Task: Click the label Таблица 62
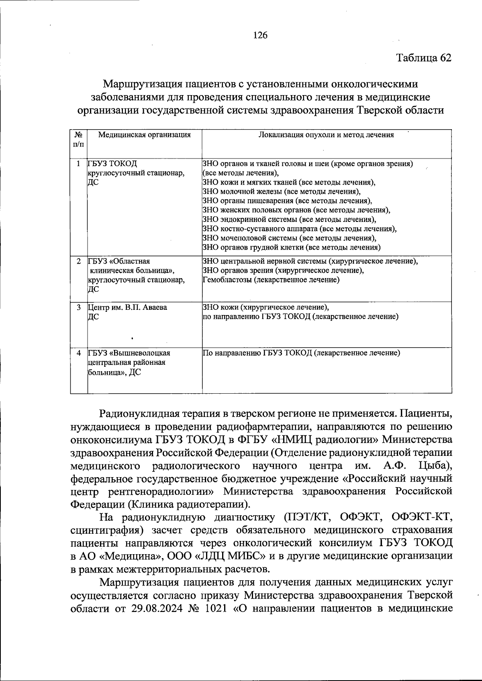[x=424, y=58]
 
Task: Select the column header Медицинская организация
[x=145, y=135]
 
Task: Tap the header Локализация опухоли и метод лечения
[x=326, y=135]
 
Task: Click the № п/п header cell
[x=79, y=139]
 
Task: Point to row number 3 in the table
[x=79, y=307]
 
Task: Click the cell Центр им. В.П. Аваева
[x=127, y=307]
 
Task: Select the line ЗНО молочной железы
[x=281, y=191]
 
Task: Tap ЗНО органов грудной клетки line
[x=292, y=247]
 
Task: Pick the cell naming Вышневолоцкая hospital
[x=129, y=362]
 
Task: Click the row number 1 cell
[x=79, y=164]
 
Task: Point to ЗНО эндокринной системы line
[x=289, y=220]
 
